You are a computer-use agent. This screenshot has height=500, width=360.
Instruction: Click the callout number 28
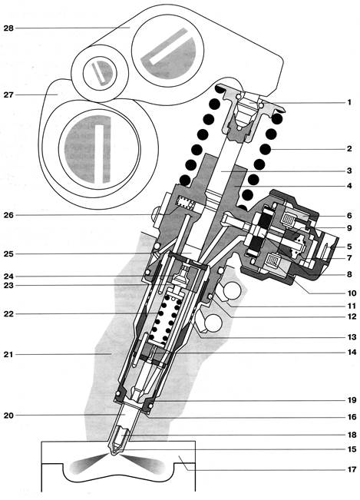[9, 28]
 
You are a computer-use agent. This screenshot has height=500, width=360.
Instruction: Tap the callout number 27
[9, 94]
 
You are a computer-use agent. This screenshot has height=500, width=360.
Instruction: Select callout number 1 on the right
[349, 102]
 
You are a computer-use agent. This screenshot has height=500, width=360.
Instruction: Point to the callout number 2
[349, 148]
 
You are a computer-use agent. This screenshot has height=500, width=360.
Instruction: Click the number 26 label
[9, 215]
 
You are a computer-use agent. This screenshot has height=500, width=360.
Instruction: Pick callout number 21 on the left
[9, 354]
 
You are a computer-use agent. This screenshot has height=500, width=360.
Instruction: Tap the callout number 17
[352, 470]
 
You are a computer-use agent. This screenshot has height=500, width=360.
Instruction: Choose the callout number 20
[9, 416]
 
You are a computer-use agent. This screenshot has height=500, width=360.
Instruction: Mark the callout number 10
[352, 293]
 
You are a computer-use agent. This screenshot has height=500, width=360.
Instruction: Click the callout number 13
[352, 337]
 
